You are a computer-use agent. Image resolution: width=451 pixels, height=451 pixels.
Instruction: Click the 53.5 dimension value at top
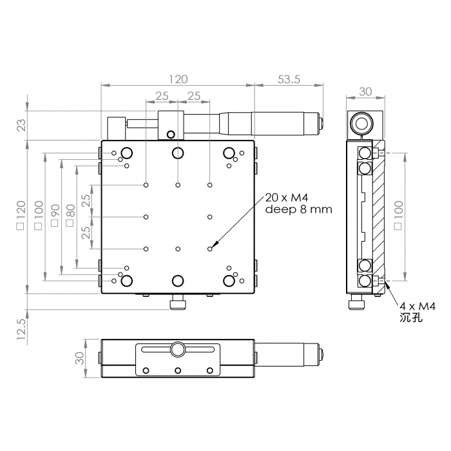tap(289, 79)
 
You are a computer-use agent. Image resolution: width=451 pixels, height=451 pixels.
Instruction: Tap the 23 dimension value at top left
tap(22, 125)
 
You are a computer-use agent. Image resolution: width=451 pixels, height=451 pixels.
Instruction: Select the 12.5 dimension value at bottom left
tap(22, 329)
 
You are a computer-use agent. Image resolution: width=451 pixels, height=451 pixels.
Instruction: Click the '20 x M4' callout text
tap(287, 198)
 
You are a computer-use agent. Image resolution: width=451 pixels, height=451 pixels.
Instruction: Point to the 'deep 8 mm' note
tap(298, 209)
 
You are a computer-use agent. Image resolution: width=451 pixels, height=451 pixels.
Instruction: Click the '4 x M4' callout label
tap(417, 306)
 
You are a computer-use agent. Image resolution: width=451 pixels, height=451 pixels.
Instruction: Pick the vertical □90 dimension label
tap(55, 215)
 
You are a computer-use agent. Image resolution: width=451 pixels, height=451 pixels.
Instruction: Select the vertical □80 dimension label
tap(70, 215)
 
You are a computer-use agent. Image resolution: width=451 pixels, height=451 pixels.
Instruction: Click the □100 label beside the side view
tap(398, 215)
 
